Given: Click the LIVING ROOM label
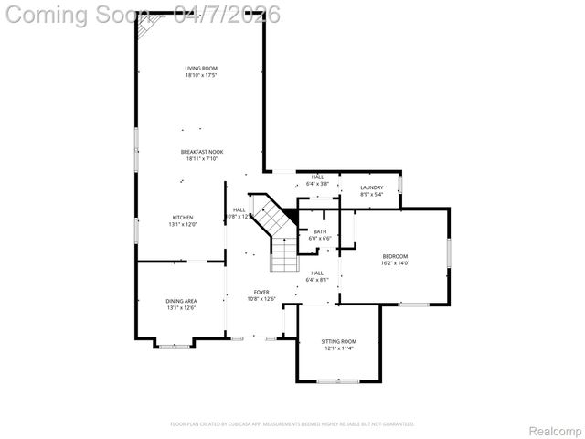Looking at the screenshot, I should pos(201,68).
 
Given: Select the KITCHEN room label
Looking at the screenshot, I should pos(182,218).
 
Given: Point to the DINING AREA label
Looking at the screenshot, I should pos(181,301).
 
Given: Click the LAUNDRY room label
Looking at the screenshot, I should pos(371,187).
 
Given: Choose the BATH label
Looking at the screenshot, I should pos(320,231).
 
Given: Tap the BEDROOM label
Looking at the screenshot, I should pos(395,256).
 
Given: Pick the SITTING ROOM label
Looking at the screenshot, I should pos(338,341).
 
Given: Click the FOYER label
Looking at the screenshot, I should pos(261,292).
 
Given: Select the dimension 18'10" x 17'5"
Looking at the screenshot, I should pos(201,75).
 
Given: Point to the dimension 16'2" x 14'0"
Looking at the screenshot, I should pos(395,263).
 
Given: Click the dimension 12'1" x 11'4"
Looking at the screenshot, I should pos(338,348).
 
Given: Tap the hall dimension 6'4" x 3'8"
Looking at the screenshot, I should pos(317,184).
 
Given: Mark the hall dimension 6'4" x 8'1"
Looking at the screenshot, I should pos(317,280).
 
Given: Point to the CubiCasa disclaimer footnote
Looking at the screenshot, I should pos(292,424).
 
